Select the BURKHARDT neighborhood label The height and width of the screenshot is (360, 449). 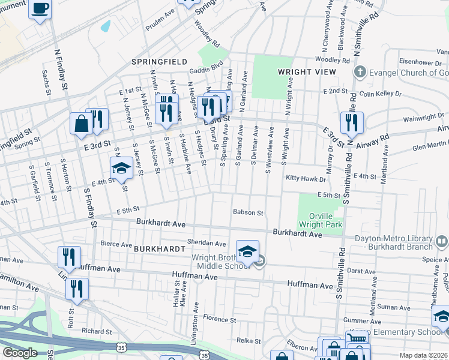[158, 248]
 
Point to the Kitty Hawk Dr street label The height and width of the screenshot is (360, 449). [306, 179]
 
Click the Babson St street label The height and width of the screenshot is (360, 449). [248, 212]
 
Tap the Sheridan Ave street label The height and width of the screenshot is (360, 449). [206, 244]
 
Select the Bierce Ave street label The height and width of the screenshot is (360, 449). [116, 245]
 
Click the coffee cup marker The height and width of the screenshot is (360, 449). [40, 9]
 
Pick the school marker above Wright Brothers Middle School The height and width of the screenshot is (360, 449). [247, 250]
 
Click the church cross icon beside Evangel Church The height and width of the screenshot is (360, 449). [360, 73]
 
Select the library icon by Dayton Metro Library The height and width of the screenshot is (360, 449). [441, 241]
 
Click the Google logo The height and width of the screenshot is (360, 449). [20, 353]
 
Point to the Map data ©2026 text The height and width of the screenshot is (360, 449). [424, 355]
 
